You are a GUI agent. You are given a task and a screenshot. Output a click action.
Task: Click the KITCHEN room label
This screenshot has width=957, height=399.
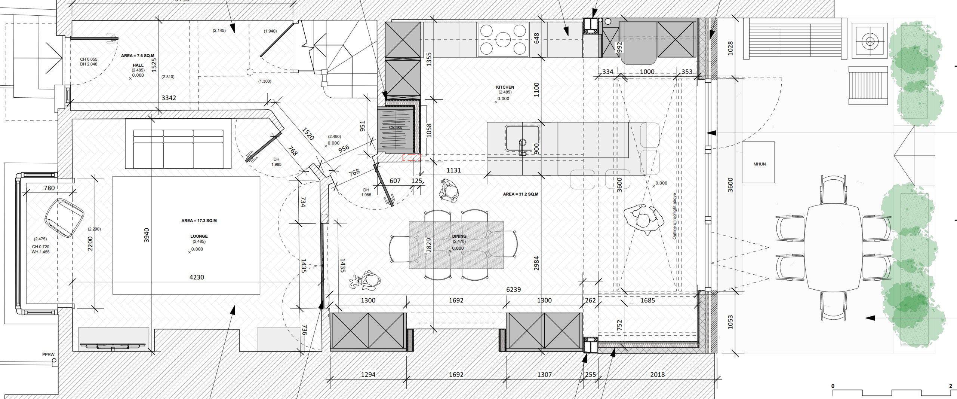pyautogui.click(x=505, y=87)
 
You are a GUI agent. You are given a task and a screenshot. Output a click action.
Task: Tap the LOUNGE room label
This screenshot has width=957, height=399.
pyautogui.click(x=199, y=236)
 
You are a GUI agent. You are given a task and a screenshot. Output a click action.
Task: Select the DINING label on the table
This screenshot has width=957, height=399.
pyautogui.click(x=459, y=236)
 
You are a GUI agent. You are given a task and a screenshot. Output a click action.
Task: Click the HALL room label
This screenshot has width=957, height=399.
pyautogui.click(x=138, y=65)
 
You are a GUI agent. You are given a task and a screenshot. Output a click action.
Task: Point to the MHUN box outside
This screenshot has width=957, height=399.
pyautogui.click(x=758, y=162)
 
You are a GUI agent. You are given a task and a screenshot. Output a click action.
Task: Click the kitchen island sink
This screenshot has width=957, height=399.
pyautogui.click(x=522, y=138)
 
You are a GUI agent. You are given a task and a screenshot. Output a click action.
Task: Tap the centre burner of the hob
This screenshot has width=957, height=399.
pyautogui.click(x=503, y=39)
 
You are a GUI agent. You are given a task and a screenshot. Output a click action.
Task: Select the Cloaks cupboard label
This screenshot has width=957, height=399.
pyautogui.click(x=395, y=128)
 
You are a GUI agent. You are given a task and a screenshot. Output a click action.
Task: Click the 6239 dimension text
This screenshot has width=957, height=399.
pyautogui.click(x=513, y=289)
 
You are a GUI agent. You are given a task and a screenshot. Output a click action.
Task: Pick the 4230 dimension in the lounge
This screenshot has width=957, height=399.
pyautogui.click(x=197, y=277)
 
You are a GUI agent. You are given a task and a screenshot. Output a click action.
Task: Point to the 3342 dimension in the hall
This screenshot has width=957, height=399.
pyautogui.click(x=169, y=98)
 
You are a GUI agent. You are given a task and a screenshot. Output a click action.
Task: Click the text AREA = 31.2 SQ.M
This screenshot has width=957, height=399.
pyautogui.click(x=520, y=194)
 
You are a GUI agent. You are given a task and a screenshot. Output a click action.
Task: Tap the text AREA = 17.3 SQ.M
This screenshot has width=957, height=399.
pyautogui.click(x=199, y=220)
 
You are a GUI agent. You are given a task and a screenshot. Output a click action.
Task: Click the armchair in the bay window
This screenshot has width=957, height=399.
pyautogui.click(x=64, y=218)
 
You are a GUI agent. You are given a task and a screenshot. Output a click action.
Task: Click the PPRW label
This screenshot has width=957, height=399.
pyautogui.click(x=48, y=354)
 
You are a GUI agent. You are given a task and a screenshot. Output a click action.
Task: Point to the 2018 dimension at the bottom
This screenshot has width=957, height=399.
pyautogui.click(x=657, y=374)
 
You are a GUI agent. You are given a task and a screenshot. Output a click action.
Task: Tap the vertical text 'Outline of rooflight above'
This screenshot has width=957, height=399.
pyautogui.click(x=674, y=216)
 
